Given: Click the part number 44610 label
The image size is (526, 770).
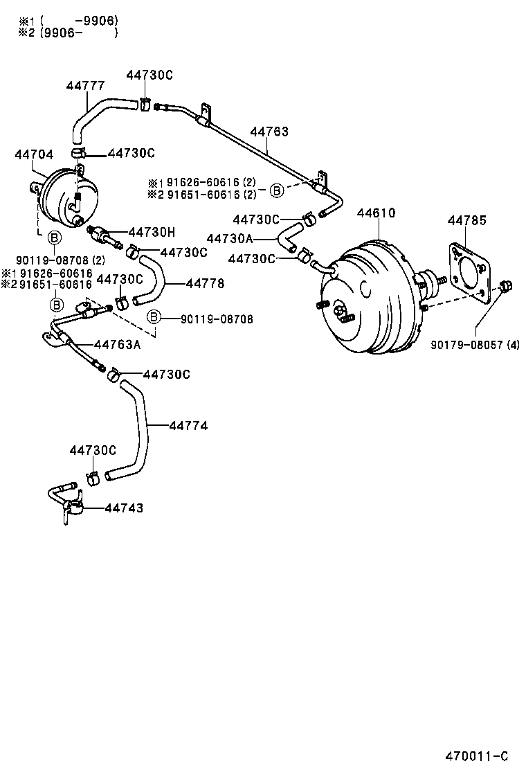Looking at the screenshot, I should point(376,213).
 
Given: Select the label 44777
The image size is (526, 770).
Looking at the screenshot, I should point(86,86).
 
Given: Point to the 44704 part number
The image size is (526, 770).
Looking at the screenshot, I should point(34,155).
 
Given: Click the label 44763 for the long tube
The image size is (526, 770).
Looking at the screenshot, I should point(269,132).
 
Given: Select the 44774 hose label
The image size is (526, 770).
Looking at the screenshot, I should point(188,426).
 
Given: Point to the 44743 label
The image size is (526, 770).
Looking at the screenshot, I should point(124,508).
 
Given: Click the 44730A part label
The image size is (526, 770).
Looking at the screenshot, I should point(230,238).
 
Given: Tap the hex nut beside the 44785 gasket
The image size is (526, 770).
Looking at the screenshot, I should point(504,286).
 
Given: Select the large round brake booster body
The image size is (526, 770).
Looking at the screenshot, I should point(370,298).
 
